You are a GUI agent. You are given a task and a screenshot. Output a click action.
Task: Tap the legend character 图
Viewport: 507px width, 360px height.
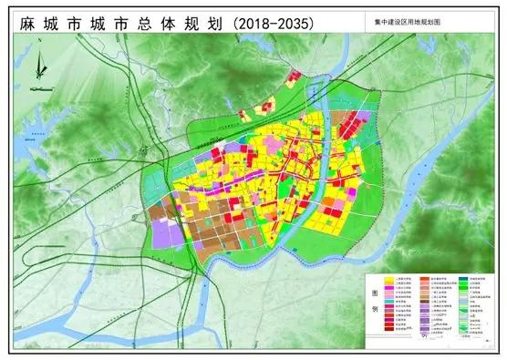tap(375, 294)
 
